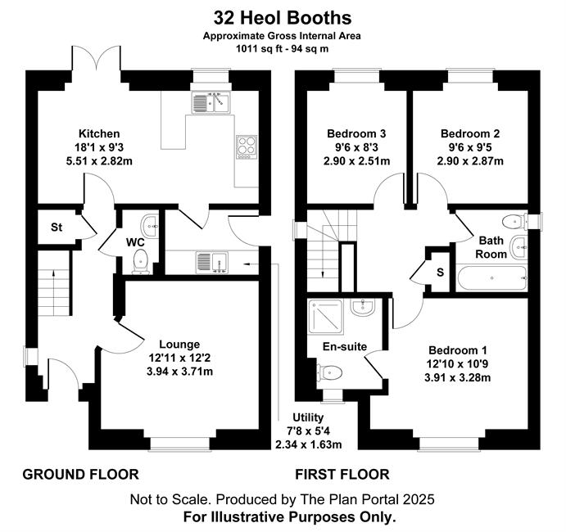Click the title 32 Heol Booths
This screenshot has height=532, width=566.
283,18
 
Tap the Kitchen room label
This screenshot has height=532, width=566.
99,133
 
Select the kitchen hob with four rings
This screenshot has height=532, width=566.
247,147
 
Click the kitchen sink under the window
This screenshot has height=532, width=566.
211,102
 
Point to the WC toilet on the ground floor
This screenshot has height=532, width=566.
140,262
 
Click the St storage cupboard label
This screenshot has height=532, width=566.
57,228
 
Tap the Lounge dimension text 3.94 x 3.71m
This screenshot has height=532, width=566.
179,371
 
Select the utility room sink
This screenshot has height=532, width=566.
212,262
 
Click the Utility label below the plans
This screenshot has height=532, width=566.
308,417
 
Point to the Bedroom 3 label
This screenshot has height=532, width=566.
356,133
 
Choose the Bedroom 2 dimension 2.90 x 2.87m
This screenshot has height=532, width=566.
470,161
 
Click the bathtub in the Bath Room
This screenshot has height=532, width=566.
491,278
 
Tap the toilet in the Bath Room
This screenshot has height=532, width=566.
514,222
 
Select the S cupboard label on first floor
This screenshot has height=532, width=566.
440,272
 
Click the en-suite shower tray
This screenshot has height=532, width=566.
325,316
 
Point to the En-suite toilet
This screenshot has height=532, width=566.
329,372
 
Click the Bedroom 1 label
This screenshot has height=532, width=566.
458,350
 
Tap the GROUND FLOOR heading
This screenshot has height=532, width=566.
81,474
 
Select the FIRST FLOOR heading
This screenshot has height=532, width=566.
342,474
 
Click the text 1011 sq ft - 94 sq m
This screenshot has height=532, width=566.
283,48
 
